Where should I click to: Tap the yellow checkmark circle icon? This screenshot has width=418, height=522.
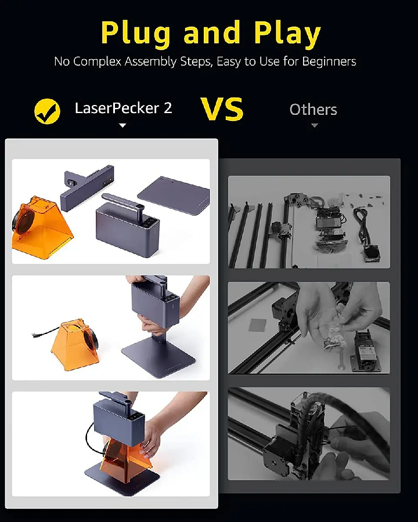point(47,111)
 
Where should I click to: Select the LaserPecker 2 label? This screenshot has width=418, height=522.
point(123,108)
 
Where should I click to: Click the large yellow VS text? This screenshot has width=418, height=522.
point(222,109)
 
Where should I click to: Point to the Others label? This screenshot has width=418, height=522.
point(313,110)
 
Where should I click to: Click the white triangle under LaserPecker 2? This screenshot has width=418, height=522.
point(122,125)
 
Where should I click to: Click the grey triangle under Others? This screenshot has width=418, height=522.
point(315,125)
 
